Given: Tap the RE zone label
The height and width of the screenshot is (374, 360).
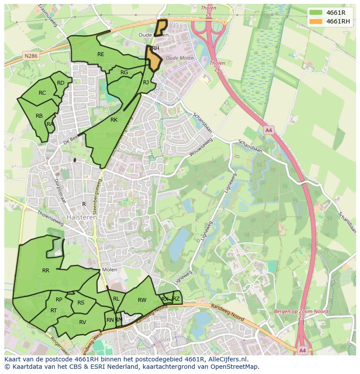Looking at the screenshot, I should [101, 54].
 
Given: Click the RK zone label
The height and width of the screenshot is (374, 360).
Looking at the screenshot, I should [114, 120].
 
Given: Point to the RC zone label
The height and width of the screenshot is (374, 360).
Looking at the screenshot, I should [42, 93].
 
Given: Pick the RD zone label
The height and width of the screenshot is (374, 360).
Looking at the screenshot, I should [60, 83].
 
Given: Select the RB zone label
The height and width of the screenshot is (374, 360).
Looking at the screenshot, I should [39, 116].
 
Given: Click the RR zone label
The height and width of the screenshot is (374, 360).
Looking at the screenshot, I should [46, 271].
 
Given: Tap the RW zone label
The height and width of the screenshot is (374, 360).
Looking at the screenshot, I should [142, 300].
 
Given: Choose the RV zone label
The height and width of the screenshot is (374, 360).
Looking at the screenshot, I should [83, 322].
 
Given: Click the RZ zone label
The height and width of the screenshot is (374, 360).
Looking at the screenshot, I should [176, 299].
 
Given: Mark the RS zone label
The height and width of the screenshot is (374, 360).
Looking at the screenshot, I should [81, 303].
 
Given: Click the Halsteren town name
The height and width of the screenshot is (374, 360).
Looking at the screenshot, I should [82, 217].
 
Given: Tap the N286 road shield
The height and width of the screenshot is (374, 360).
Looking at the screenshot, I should [31, 56].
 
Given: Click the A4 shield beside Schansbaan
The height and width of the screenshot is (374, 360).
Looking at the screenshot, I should [268, 130].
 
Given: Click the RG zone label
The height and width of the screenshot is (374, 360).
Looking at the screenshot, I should [124, 73].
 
